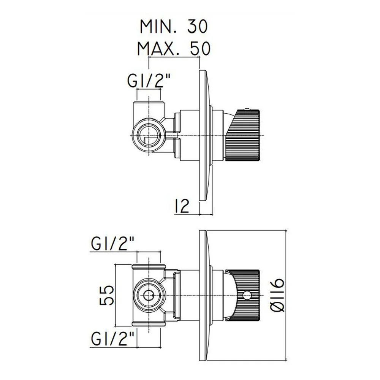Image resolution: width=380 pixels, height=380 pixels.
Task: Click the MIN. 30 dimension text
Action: click(174, 27)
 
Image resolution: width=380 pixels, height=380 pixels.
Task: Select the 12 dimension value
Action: click(181, 206)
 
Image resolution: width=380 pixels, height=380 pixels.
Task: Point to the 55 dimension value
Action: click(107, 295)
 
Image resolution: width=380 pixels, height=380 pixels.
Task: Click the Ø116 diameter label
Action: click(277, 295)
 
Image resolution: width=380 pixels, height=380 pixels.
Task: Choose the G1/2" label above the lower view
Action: click(113, 243)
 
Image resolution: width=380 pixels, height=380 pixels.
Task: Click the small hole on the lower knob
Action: click(247, 295)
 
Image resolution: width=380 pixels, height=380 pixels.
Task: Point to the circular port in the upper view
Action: click(149, 135)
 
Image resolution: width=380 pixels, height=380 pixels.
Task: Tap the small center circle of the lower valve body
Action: click(149, 295)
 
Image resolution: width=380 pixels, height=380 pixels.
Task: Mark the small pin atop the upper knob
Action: click(247, 109)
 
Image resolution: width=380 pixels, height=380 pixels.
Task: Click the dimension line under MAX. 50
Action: click(174, 57)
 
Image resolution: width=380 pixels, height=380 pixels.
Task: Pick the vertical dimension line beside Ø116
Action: click(287, 295)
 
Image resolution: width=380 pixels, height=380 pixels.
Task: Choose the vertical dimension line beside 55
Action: click(116, 295)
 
